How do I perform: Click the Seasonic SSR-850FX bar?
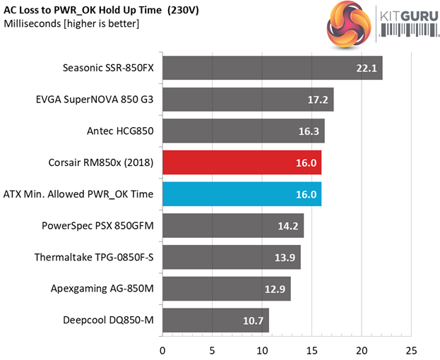coord(272,68)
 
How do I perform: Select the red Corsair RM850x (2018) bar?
coord(242,162)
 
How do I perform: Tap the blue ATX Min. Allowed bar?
coord(242,194)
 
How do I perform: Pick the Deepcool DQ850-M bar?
coord(215,320)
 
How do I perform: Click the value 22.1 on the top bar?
coord(365,68)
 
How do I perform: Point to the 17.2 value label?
coord(316,100)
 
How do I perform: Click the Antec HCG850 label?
coord(119,131)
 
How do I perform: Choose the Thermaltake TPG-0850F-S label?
coord(94,257)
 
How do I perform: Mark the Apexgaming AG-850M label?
coord(104,289)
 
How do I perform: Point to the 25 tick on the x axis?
coord(411,349)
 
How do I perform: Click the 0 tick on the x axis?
coord(162,349)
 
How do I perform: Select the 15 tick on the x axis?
coord(311,349)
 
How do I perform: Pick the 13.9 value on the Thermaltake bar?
coord(284,257)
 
